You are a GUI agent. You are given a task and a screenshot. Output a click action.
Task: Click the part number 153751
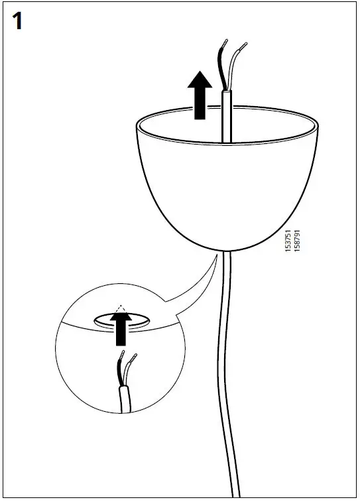[287, 240]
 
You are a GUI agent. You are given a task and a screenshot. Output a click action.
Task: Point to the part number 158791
[297, 240]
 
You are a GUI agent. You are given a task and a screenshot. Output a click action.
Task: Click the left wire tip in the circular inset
[120, 359]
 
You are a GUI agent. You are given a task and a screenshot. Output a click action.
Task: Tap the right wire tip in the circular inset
[135, 359]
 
